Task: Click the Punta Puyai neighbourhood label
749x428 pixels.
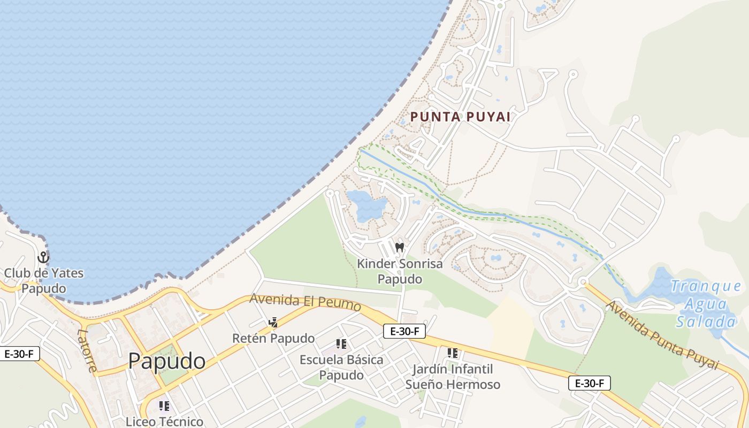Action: pyautogui.click(x=460, y=117)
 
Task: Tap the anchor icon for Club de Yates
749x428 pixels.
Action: pyautogui.click(x=43, y=257)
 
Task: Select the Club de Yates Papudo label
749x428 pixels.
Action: pyautogui.click(x=44, y=280)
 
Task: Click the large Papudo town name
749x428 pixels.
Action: pyautogui.click(x=166, y=361)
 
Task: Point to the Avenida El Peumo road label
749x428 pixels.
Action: pyautogui.click(x=305, y=302)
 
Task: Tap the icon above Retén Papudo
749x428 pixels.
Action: pyautogui.click(x=273, y=323)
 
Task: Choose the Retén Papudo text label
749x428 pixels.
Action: pyautogui.click(x=273, y=338)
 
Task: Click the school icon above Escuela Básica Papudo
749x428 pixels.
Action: pyautogui.click(x=341, y=344)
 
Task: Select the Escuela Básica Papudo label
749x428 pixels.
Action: pyautogui.click(x=341, y=367)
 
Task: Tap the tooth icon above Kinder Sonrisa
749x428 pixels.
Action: pyautogui.click(x=399, y=248)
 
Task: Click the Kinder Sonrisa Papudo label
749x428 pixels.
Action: pyautogui.click(x=400, y=271)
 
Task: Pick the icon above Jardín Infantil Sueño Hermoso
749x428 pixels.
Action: pyautogui.click(x=453, y=353)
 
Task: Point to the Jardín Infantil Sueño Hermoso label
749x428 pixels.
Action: pyautogui.click(x=453, y=377)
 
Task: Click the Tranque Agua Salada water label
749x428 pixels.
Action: pyautogui.click(x=705, y=303)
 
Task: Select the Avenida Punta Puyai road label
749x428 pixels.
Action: pyautogui.click(x=661, y=335)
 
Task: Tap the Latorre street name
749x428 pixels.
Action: pyautogui.click(x=87, y=350)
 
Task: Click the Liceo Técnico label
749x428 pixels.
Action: pyautogui.click(x=164, y=422)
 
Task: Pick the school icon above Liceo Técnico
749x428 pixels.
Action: pyautogui.click(x=164, y=406)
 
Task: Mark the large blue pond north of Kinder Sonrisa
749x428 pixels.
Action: pyautogui.click(x=366, y=205)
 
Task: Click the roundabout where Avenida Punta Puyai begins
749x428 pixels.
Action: pyautogui.click(x=583, y=281)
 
